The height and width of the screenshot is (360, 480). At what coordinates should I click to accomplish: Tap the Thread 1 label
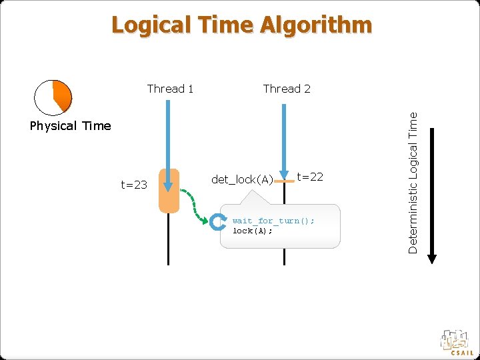pyautogui.click(x=170, y=89)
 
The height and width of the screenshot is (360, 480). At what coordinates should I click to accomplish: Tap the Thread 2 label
pyautogui.click(x=287, y=89)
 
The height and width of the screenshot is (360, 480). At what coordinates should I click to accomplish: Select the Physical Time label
pyautogui.click(x=70, y=125)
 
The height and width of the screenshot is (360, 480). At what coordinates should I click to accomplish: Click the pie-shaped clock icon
pyautogui.click(x=53, y=97)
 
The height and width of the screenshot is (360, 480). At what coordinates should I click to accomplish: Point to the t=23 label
pyautogui.click(x=134, y=185)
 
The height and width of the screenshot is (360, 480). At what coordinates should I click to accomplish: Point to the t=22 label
pyautogui.click(x=310, y=176)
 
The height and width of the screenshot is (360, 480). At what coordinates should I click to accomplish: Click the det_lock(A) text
pyautogui.click(x=242, y=179)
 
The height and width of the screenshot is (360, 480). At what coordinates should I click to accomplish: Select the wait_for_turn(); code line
pyautogui.click(x=273, y=221)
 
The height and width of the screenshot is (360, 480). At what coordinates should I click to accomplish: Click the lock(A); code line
pyautogui.click(x=253, y=231)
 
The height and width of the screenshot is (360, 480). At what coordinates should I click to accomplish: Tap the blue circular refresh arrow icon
pyautogui.click(x=218, y=223)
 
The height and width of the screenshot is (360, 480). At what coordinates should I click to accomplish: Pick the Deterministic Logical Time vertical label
pyautogui.click(x=413, y=182)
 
